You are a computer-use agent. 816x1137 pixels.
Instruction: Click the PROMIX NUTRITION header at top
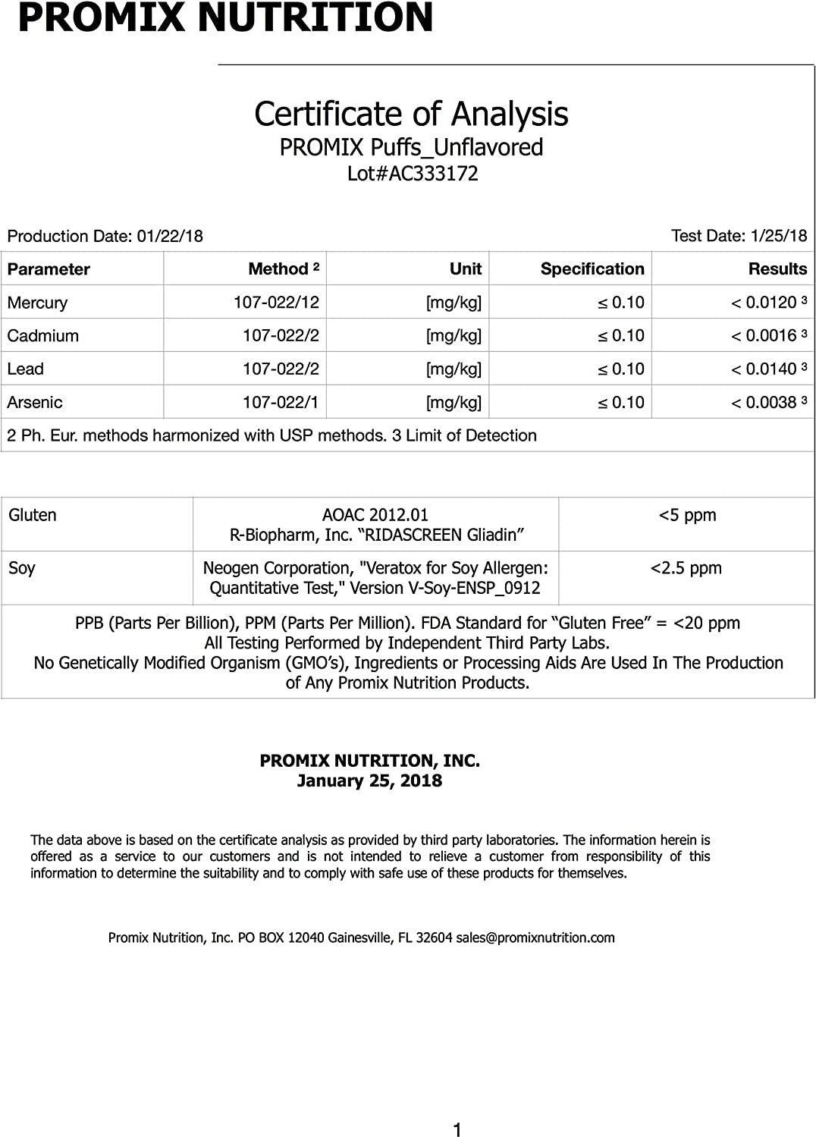point(225,17)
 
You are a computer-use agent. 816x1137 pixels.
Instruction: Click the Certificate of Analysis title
point(411,115)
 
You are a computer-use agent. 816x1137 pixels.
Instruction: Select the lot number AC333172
point(413,174)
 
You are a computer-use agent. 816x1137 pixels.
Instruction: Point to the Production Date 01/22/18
point(105,236)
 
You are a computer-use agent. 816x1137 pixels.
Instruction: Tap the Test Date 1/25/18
point(739,235)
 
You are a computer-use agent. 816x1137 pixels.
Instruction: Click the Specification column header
point(592,269)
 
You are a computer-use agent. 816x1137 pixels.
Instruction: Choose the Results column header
point(777,269)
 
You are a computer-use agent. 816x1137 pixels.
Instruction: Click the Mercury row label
point(37,303)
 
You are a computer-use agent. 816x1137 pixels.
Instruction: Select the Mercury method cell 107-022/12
point(276,302)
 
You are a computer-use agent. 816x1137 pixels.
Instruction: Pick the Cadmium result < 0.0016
point(767,335)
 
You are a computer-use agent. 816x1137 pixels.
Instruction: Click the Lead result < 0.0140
point(767,369)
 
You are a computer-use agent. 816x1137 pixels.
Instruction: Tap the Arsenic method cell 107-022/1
point(281,402)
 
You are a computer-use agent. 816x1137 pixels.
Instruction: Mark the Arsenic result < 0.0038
point(767,402)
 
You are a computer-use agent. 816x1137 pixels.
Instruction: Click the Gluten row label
point(33,515)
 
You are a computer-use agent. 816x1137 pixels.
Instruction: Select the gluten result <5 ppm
point(687,515)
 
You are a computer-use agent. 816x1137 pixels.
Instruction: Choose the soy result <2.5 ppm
point(686,568)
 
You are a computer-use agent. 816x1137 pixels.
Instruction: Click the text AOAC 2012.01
point(375,515)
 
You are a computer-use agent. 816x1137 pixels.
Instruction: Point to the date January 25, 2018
point(369,781)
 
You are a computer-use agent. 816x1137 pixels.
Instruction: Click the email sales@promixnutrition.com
point(535,938)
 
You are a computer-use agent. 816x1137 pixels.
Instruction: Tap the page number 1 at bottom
point(457,1130)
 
